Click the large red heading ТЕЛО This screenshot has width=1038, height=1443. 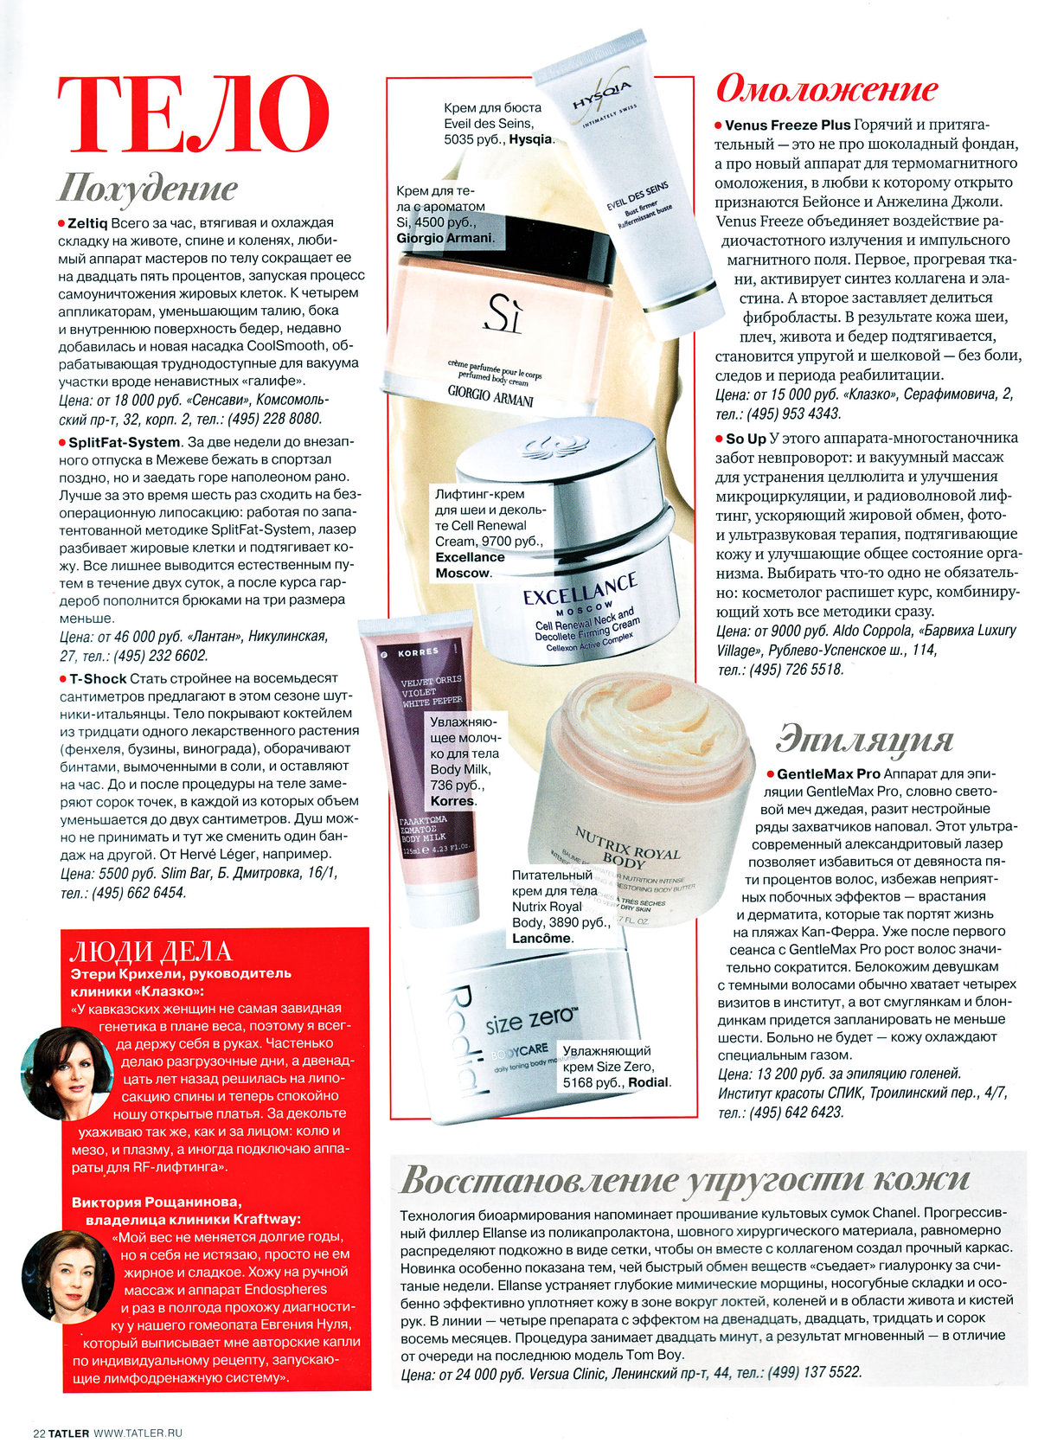[x=193, y=116]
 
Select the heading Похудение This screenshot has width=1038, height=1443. [x=147, y=188]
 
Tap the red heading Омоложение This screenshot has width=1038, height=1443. [x=827, y=88]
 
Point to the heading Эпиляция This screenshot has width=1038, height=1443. [x=864, y=741]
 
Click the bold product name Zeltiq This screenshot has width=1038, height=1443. [x=87, y=223]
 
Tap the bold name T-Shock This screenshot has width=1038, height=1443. [x=98, y=679]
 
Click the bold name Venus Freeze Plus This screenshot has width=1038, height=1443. [x=788, y=125]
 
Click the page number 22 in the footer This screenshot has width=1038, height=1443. [x=39, y=1433]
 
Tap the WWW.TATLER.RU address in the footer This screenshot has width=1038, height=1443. [x=138, y=1433]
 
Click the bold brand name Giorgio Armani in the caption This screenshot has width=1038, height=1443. [x=445, y=238]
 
